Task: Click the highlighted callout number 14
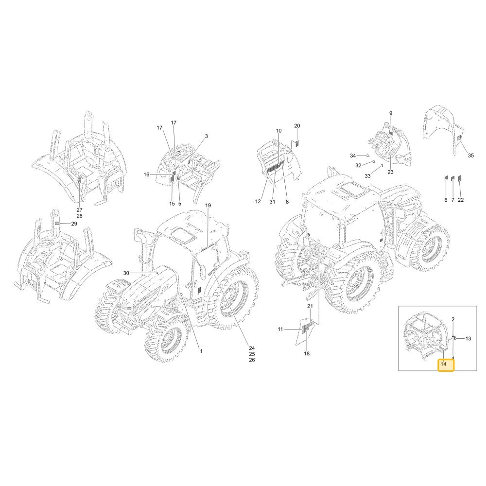[444, 364]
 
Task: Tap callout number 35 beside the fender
[471, 156]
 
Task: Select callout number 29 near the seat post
[74, 224]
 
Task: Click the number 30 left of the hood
[126, 273]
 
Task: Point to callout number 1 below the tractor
[201, 351]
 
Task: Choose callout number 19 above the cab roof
[208, 205]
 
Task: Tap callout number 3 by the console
[207, 136]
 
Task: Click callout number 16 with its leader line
[147, 174]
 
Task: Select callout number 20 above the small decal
[297, 125]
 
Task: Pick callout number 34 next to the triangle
[353, 156]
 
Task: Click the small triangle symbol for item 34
[368, 156]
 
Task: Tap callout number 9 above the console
[391, 113]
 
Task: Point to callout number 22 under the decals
[461, 200]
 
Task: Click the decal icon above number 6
[446, 178]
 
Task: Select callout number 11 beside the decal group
[280, 329]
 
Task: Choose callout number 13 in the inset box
[469, 339]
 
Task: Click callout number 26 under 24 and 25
[252, 360]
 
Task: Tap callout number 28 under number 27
[80, 216]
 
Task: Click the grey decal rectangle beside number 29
[57, 223]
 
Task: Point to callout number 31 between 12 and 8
[272, 202]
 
